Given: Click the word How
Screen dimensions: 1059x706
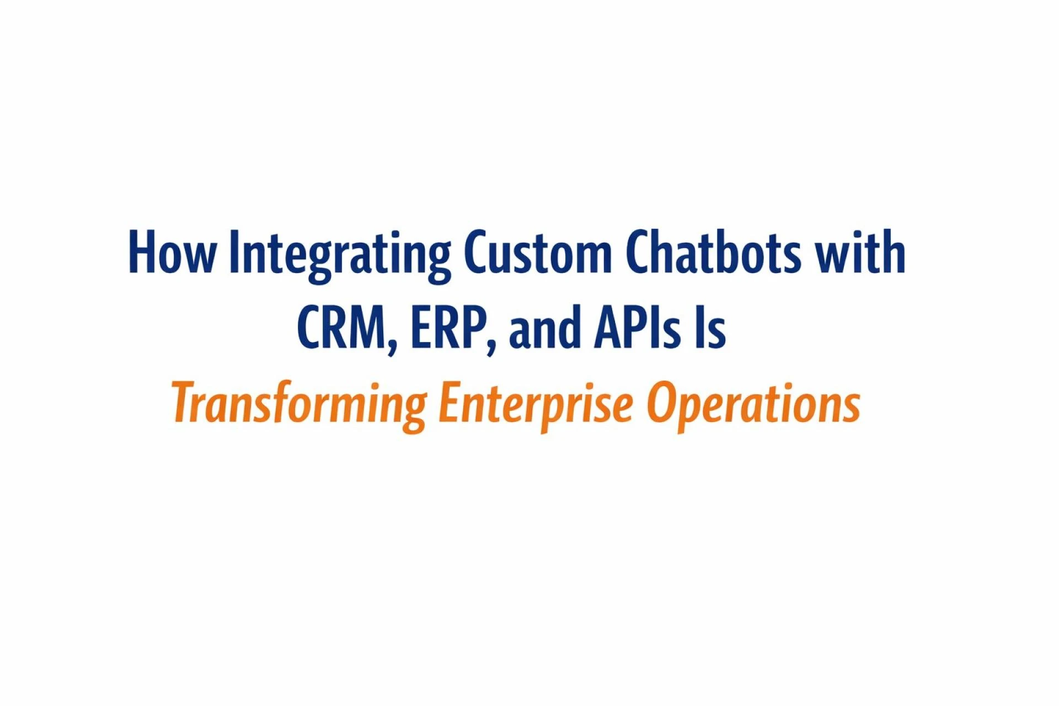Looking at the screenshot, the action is [x=172, y=252].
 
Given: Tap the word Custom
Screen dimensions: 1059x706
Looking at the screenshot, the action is [x=538, y=252].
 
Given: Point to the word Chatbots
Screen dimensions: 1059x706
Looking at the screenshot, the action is [x=713, y=252].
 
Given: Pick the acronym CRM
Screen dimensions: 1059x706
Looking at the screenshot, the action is [x=342, y=327].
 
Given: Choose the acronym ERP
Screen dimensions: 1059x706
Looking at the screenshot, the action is [x=447, y=327].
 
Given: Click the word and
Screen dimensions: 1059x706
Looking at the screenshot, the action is [x=545, y=327].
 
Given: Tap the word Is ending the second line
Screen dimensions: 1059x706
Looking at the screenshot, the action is [x=710, y=327].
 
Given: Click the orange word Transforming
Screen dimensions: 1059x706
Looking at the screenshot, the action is [x=299, y=405].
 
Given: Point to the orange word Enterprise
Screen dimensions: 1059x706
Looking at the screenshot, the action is [x=536, y=405].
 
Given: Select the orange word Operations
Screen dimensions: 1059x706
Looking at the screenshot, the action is [x=753, y=405].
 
